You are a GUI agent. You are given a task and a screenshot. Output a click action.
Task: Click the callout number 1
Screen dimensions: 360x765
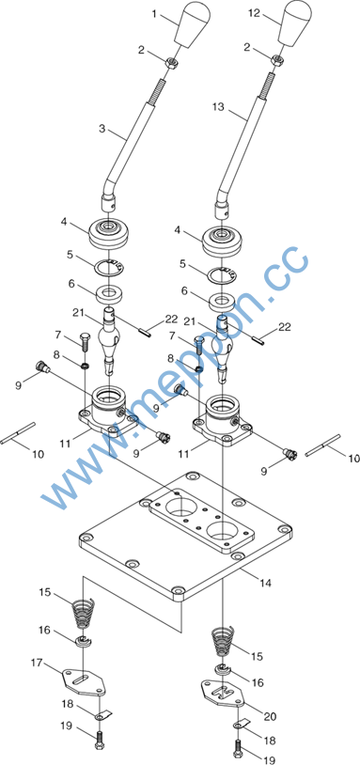(x=154, y=15)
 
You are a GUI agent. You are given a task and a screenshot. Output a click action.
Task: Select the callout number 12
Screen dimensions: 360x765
(x=255, y=14)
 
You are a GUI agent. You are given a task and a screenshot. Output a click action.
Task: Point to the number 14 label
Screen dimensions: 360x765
(x=266, y=583)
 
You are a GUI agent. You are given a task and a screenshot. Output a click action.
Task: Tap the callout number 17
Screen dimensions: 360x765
(x=37, y=663)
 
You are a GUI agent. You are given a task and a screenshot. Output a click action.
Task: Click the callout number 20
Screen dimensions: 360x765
(x=270, y=717)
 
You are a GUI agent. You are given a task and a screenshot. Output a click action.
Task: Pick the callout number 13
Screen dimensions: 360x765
(x=218, y=107)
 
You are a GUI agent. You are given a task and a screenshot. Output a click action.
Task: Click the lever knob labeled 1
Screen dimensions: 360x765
(x=193, y=24)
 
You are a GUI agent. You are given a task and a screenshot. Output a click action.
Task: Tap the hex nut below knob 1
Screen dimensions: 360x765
(x=172, y=62)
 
